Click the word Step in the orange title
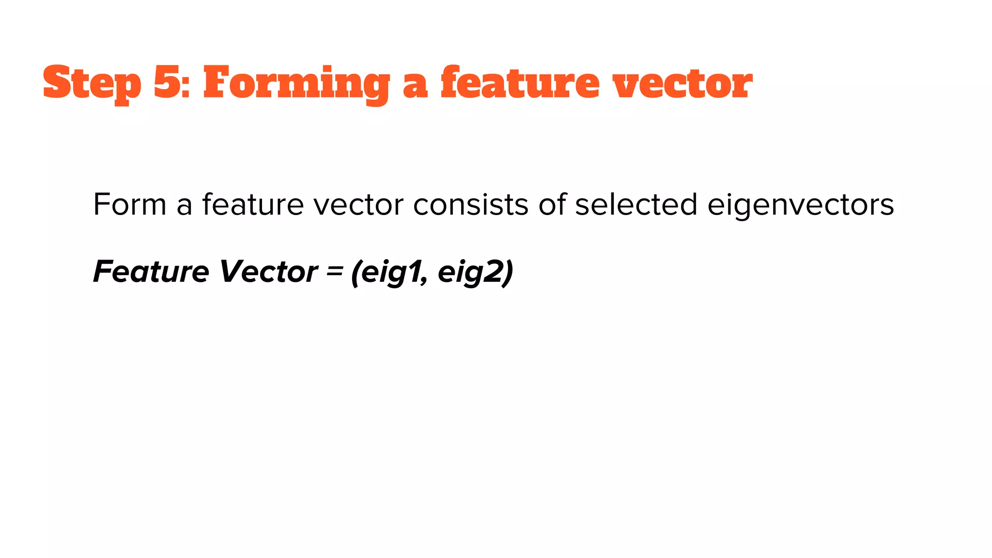pos(92,83)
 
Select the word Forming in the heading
pos(296,83)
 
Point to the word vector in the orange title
pos(682,83)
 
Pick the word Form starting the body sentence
pos(130,204)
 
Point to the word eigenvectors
pos(801,205)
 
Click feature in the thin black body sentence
pos(253,204)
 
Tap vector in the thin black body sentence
pos(358,205)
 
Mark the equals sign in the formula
pos(334,271)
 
